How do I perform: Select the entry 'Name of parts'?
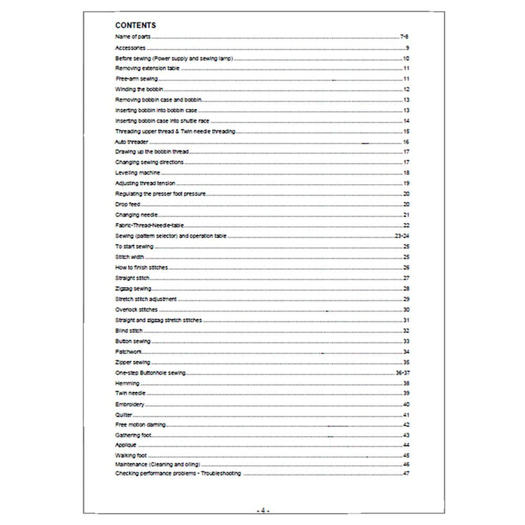click(133, 35)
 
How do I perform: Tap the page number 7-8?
click(404, 35)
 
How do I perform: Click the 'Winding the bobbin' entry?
click(136, 90)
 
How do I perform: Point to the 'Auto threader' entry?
click(131, 142)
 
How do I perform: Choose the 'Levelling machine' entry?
click(137, 172)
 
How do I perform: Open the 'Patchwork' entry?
click(127, 351)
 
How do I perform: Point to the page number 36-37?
click(401, 373)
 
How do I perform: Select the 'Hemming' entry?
click(126, 384)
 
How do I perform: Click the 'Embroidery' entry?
click(129, 405)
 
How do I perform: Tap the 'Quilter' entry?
click(123, 415)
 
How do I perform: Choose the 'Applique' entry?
click(127, 446)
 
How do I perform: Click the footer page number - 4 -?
click(262, 510)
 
